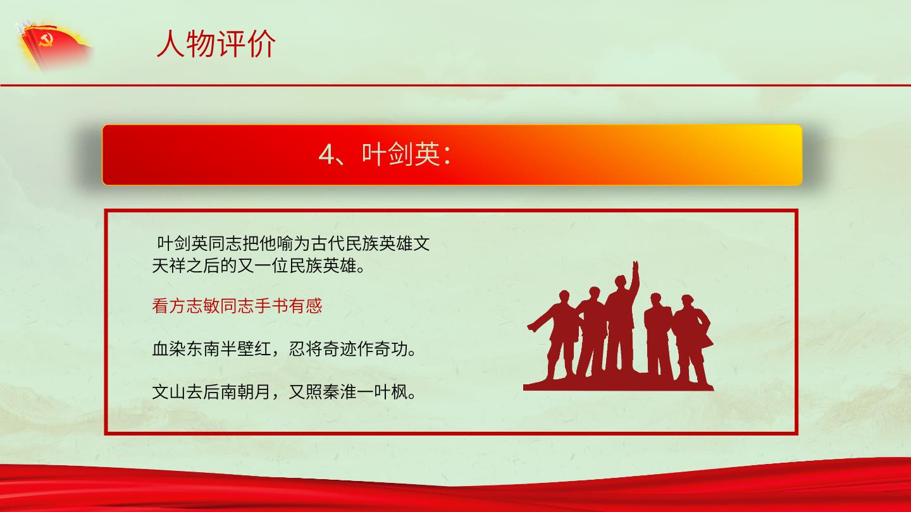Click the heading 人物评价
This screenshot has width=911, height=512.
[x=216, y=44]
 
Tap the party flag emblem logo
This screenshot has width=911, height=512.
[x=54, y=46]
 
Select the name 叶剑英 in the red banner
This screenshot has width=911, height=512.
[x=400, y=154]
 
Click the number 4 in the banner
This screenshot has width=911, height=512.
[x=326, y=155]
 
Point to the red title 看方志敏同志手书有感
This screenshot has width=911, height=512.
[x=237, y=305]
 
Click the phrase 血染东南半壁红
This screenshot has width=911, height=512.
[x=211, y=349]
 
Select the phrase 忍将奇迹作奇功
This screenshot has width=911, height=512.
[x=348, y=349]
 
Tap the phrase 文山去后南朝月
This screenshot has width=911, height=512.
[x=211, y=392]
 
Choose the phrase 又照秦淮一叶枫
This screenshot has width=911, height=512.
[x=348, y=392]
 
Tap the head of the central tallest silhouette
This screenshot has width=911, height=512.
[x=620, y=282]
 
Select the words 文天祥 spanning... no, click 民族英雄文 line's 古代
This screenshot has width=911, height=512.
[x=319, y=243]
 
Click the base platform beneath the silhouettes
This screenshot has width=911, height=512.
[x=618, y=384]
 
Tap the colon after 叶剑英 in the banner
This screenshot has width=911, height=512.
[x=447, y=155]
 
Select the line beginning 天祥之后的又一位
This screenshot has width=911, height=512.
[x=258, y=265]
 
